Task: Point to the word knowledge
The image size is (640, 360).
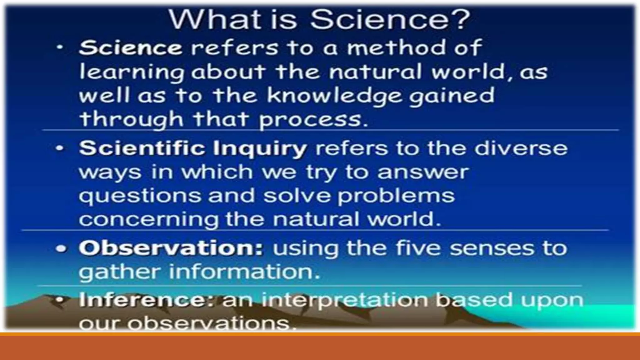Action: (334, 96)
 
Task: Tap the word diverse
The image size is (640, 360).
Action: (521, 148)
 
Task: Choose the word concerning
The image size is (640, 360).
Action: (149, 219)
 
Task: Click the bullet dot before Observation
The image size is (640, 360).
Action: (61, 249)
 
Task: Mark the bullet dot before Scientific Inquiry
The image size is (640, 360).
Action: (60, 148)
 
